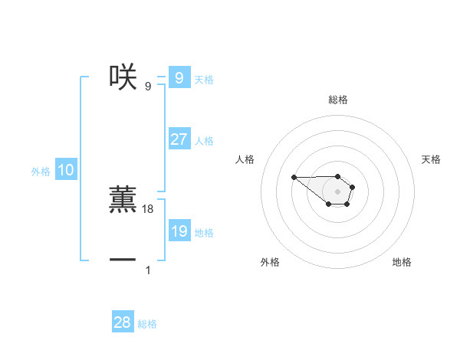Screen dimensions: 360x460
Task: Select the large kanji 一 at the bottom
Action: (123, 260)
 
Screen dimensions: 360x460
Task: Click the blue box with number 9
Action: (179, 78)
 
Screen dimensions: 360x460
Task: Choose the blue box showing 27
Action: (179, 139)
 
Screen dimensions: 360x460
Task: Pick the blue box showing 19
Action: (179, 231)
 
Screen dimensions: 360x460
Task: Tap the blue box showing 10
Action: (66, 171)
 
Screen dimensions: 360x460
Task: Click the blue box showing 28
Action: (123, 322)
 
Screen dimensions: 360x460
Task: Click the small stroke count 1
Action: (148, 270)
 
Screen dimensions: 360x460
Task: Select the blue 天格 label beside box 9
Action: (204, 80)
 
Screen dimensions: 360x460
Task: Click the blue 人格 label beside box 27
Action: (204, 141)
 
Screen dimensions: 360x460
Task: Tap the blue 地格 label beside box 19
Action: (204, 233)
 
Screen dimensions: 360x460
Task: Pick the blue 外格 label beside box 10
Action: (41, 172)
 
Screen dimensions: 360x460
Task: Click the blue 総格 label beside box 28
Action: (147, 324)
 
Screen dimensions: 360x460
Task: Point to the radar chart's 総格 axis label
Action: (337, 100)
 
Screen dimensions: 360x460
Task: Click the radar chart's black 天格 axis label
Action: (431, 159)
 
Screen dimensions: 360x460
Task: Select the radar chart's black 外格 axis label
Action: (270, 262)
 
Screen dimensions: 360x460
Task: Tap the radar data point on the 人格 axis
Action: (294, 177)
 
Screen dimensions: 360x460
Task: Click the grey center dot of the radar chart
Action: (337, 191)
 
